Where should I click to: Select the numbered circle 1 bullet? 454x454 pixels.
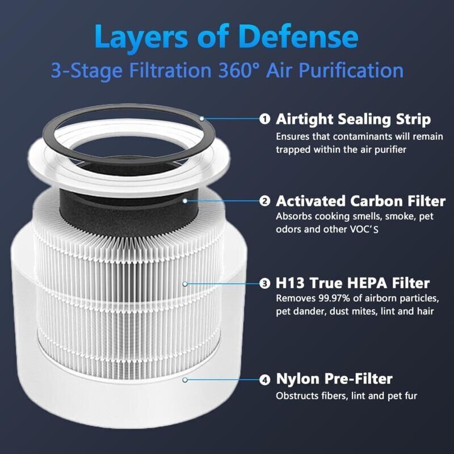tap(264, 119)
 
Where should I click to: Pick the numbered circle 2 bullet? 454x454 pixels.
tap(264, 201)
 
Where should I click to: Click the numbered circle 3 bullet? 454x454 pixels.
tap(264, 283)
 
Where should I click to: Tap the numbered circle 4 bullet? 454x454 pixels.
tap(264, 379)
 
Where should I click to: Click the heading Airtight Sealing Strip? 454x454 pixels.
tap(353, 119)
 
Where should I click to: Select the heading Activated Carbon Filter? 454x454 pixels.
tap(360, 201)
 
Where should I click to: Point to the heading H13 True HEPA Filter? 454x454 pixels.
tap(352, 283)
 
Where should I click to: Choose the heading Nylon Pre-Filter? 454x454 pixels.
tap(334, 379)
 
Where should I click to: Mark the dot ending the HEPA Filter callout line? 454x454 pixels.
tap(183, 283)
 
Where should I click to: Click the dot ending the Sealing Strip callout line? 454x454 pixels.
tap(201, 119)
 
